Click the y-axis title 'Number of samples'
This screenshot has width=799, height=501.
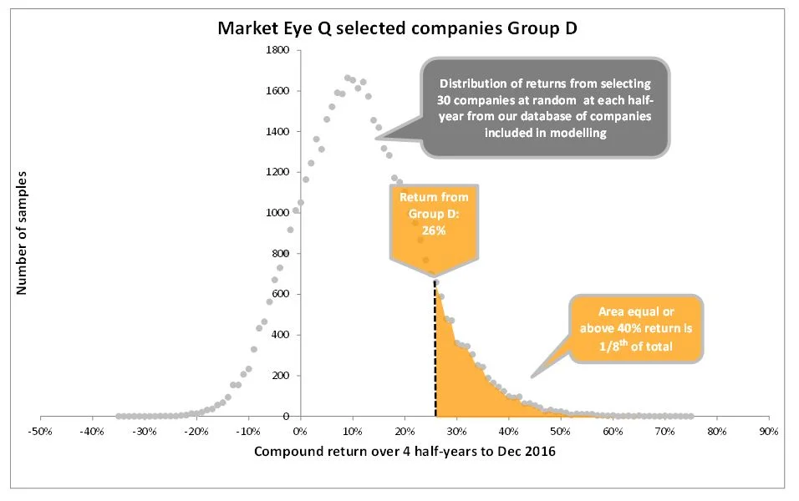click(23, 232)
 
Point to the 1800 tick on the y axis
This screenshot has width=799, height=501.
click(277, 50)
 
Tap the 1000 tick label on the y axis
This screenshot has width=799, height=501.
click(277, 212)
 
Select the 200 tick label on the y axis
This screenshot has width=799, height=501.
click(281, 375)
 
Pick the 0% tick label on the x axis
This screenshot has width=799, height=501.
click(300, 432)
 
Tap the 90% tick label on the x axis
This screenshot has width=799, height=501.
click(768, 432)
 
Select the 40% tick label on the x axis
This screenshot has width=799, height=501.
click(508, 432)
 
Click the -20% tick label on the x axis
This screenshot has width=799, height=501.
click(196, 432)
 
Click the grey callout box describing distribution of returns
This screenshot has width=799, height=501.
click(545, 107)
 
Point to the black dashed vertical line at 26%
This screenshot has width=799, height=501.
click(435, 351)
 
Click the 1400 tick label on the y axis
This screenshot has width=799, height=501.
click(277, 131)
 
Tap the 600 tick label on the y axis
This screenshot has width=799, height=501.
click(281, 294)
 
